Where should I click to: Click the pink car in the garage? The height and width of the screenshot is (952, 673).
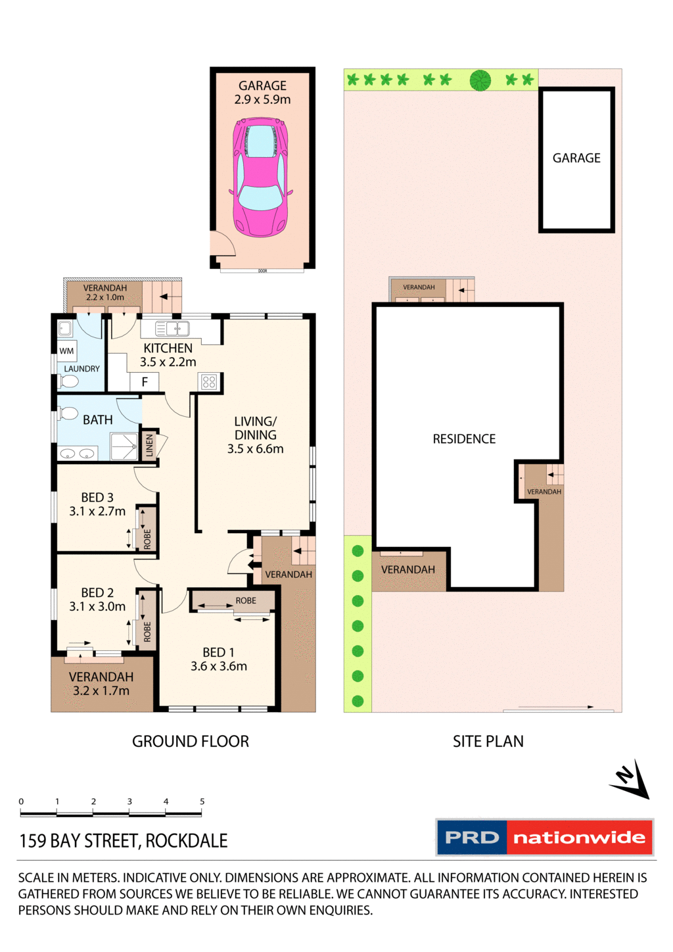261,177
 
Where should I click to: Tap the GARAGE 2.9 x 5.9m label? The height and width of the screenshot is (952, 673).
262,93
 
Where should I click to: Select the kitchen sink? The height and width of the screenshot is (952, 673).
172,329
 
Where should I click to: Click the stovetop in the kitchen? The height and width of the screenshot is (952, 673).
209,382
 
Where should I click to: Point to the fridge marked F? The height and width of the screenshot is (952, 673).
145,382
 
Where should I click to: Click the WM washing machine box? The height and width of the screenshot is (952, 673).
67,350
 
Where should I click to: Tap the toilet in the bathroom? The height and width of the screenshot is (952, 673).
68,414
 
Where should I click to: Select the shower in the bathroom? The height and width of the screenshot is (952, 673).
124,446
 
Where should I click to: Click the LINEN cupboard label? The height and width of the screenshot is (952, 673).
149,445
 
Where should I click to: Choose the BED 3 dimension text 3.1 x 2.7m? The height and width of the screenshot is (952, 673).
97,512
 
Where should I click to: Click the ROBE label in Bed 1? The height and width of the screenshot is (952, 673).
246,600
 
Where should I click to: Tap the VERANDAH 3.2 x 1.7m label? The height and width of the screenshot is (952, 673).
101,684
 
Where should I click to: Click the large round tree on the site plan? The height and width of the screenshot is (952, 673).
480,80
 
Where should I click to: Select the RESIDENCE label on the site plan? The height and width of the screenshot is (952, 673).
464,439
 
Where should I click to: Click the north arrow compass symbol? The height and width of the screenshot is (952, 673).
630,780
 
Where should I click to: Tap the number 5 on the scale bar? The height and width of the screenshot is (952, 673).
202,801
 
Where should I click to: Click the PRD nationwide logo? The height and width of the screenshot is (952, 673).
544,838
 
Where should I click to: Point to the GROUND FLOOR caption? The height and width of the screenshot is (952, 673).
191,742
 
